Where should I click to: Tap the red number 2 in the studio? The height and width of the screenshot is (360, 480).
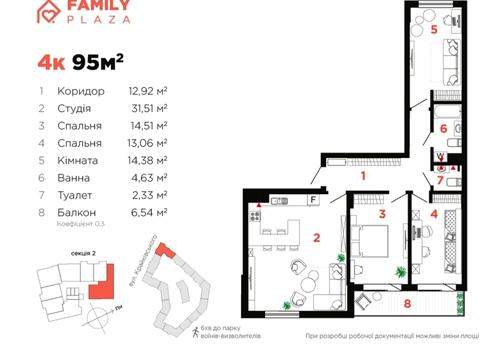click(316, 238)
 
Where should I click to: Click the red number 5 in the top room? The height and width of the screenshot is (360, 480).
click(433, 30)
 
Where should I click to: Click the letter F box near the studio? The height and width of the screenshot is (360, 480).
click(314, 200)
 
